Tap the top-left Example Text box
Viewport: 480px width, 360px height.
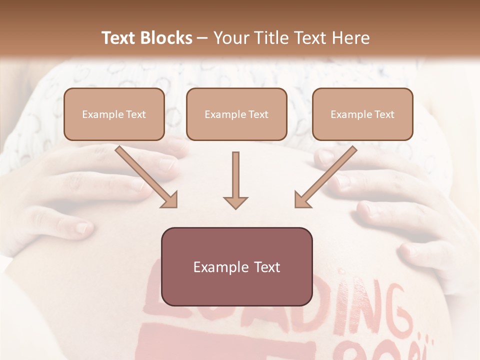pos(114,114)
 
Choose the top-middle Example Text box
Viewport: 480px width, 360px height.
pos(236,114)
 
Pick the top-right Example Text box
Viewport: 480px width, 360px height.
pos(362,114)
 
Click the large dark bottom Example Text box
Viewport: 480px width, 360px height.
pos(236,266)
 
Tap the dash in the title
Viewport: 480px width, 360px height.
pos(203,38)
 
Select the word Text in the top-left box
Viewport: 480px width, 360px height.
pos(135,114)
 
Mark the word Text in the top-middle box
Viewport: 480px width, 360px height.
pos(258,114)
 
